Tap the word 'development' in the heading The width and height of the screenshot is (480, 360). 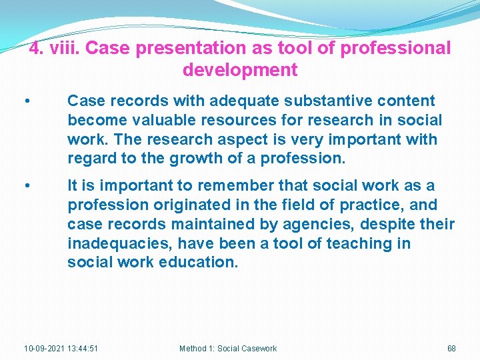tap(239, 69)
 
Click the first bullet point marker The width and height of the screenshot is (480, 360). tap(26, 101)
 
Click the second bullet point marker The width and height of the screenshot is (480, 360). tap(26, 186)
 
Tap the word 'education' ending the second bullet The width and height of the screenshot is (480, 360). tap(199, 263)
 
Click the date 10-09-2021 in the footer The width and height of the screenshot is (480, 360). tap(44, 349)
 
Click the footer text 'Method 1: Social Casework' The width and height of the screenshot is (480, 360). tap(228, 349)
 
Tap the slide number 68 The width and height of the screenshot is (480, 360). tap(451, 349)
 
